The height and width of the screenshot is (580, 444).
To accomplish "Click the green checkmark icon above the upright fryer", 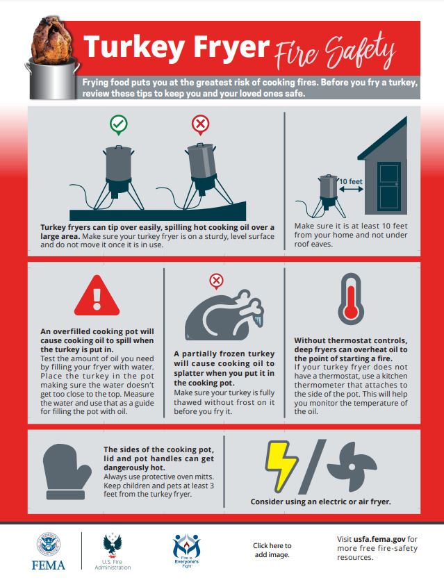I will coord(119,125).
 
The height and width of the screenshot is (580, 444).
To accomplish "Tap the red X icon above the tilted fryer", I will coord(200,125).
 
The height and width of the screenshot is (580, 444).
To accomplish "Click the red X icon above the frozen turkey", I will coord(216,281).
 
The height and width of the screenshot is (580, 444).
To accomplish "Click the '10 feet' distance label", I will coord(351,182).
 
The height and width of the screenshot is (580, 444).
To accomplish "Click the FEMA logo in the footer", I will coord(49,551).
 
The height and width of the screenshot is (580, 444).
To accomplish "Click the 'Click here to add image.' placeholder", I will coord(272,550).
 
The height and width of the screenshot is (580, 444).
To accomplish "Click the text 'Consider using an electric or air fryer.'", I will coord(320,501).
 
